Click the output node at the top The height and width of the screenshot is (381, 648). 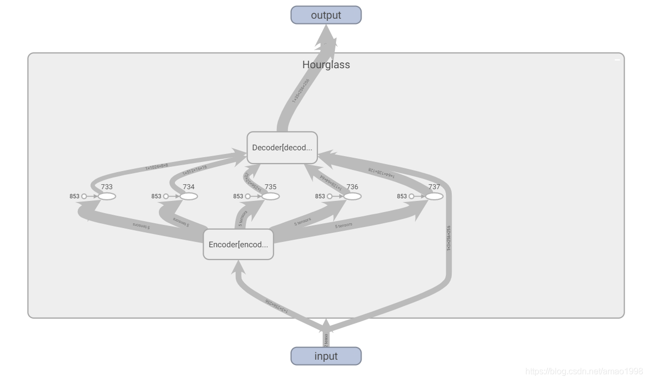click(326, 15)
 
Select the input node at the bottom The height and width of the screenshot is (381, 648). click(326, 356)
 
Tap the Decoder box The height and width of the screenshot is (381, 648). click(282, 148)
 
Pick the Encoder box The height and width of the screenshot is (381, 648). click(238, 245)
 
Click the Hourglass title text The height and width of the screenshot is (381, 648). click(326, 64)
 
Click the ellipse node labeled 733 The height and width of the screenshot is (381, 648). click(107, 196)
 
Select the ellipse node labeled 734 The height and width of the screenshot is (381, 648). click(189, 196)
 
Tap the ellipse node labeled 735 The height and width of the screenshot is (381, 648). click(270, 196)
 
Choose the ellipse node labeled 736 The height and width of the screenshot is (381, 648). click(353, 196)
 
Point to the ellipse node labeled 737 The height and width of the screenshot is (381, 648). click(434, 196)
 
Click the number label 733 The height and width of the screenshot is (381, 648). click(107, 187)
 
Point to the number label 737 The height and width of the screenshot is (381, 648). click(434, 187)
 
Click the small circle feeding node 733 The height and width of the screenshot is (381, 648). click(84, 196)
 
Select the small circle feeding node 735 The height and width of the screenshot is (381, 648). click(247, 196)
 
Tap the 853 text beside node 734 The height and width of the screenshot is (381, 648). click(156, 196)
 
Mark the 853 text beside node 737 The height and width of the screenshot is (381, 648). click(402, 196)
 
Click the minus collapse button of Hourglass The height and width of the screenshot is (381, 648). click(618, 60)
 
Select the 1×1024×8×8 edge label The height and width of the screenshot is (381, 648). click(156, 167)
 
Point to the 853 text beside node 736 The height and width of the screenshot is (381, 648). click(320, 196)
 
